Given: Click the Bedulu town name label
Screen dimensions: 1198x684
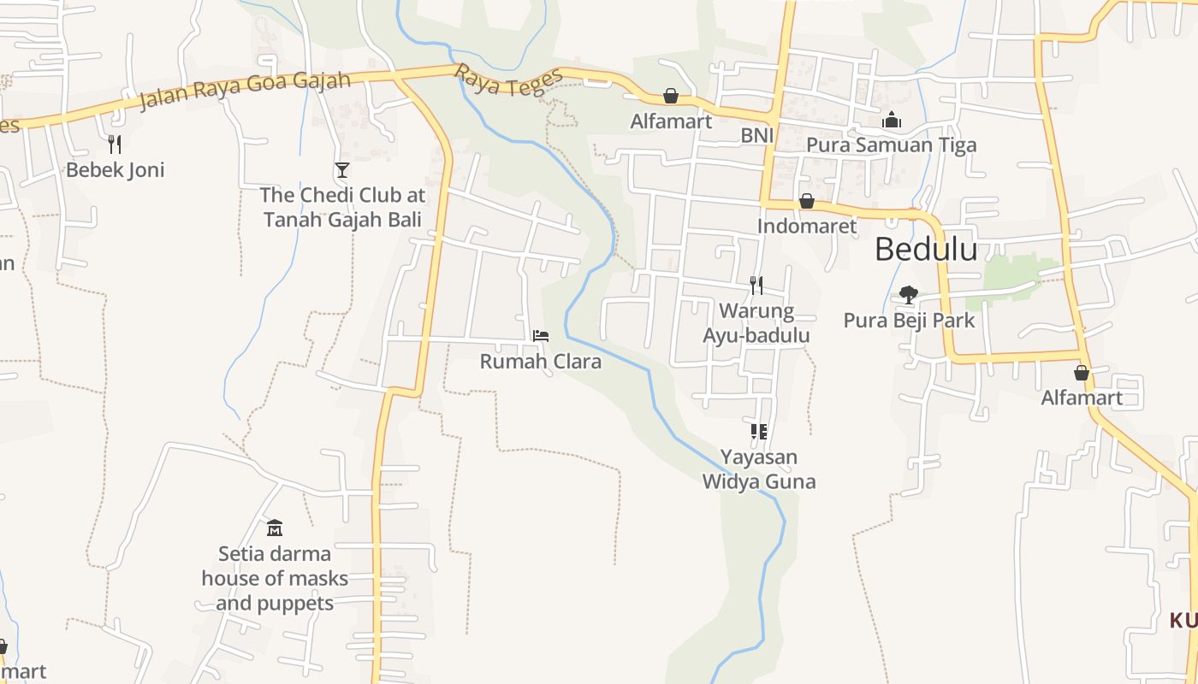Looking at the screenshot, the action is coord(926,249).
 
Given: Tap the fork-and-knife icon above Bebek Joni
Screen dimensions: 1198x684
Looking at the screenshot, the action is coord(115,144).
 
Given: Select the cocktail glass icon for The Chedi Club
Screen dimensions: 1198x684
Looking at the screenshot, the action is coord(342,170).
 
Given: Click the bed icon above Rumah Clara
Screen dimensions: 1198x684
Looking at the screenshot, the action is coord(540,336).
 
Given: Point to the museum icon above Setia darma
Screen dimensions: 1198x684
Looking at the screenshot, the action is coord(275,528).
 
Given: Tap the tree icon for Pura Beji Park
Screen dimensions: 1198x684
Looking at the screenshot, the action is coord(909,295).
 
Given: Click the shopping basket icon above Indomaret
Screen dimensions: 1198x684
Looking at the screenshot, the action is coord(806,202).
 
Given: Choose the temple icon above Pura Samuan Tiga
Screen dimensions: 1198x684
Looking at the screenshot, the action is coord(892,120).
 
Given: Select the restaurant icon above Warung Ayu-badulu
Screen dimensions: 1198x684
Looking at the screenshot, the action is coord(756,285).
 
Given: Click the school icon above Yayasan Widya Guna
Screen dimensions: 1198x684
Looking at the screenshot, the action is coord(758,431).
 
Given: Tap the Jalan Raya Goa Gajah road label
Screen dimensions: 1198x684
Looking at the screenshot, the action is coord(245,90).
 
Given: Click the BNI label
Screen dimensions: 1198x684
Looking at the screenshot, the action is coord(757,135).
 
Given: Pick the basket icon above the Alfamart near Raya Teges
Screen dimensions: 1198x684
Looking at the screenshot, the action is coord(671,96).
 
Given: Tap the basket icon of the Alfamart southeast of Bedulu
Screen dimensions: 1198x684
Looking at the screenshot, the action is coord(1082,373).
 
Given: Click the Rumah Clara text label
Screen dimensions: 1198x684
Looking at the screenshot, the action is coord(540,362).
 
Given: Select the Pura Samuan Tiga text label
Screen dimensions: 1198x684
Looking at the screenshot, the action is coord(891,144).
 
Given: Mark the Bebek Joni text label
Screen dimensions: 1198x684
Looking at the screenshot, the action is coord(115,169).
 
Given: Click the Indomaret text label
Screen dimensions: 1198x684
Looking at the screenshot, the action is coord(806,227).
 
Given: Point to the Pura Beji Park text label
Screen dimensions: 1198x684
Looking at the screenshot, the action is coord(909,321).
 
